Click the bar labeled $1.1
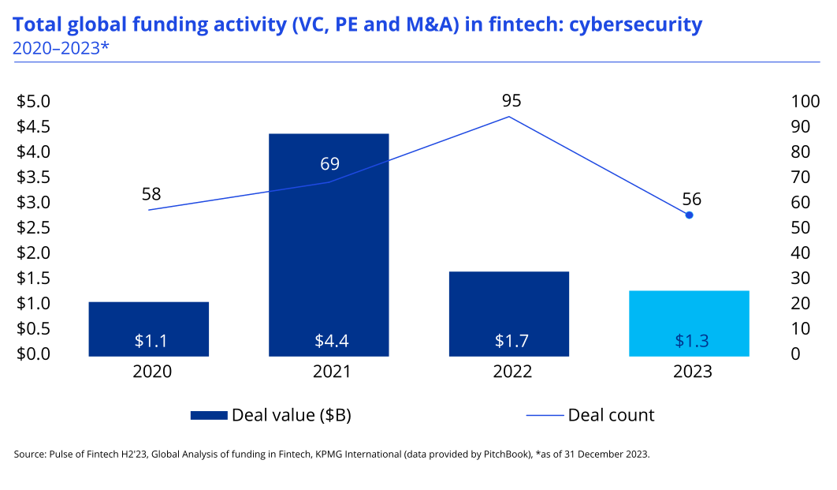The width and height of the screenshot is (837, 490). [x=149, y=320]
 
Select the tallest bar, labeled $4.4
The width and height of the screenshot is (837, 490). [x=329, y=245]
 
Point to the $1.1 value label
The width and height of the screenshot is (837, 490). [x=151, y=341]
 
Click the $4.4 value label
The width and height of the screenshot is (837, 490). [x=331, y=341]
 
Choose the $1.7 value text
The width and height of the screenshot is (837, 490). [x=511, y=341]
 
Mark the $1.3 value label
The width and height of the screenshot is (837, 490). [x=691, y=341]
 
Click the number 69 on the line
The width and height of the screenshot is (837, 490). [x=329, y=164]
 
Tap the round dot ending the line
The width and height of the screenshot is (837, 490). [x=689, y=215]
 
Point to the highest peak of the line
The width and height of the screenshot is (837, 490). [x=509, y=117]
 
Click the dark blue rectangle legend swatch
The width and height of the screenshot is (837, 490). [x=209, y=415]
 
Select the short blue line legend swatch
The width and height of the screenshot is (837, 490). [x=545, y=415]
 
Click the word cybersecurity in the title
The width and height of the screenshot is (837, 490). [x=634, y=24]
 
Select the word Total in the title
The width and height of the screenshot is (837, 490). [x=36, y=24]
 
